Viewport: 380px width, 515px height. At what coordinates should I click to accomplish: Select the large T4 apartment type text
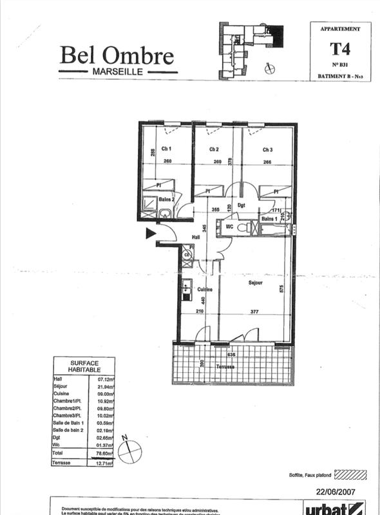click(x=336, y=48)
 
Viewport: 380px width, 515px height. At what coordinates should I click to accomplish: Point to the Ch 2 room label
click(x=214, y=149)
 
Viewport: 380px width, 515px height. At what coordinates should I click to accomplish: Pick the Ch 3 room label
click(x=267, y=149)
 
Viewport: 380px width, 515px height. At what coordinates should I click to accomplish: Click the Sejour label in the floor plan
click(x=258, y=282)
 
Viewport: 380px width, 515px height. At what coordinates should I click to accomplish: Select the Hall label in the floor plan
click(x=196, y=238)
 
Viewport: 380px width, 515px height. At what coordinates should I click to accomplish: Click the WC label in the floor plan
click(x=229, y=227)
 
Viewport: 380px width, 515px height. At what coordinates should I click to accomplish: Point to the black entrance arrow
click(x=151, y=234)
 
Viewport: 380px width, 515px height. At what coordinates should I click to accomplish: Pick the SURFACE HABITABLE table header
click(x=84, y=367)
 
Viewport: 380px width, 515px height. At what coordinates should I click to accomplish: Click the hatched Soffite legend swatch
click(x=350, y=475)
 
